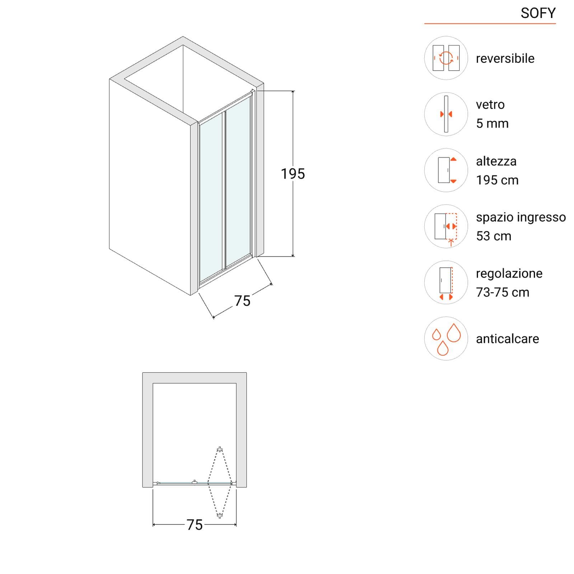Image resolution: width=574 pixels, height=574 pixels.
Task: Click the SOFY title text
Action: click(x=538, y=13)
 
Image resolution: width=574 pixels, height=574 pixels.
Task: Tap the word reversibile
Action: click(x=505, y=58)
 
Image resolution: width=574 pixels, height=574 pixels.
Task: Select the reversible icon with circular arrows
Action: click(x=446, y=58)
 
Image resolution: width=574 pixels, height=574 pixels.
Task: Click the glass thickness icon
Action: click(x=446, y=114)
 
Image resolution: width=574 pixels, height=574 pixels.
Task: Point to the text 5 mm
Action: click(x=492, y=123)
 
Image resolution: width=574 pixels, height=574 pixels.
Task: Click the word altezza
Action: click(x=496, y=161)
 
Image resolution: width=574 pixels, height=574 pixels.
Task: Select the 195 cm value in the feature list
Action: click(x=497, y=180)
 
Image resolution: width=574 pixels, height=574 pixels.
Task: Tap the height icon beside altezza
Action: click(x=446, y=170)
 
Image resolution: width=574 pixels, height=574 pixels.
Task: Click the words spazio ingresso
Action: click(x=521, y=217)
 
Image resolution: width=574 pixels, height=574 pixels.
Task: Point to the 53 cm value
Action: click(x=494, y=236)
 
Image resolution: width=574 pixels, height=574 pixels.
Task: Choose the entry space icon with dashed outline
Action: click(x=446, y=226)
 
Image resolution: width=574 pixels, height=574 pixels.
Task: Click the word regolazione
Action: click(x=509, y=274)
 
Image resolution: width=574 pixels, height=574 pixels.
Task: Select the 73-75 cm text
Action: click(x=503, y=292)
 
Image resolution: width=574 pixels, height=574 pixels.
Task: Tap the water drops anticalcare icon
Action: click(x=446, y=338)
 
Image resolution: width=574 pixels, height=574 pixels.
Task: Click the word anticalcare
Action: click(x=507, y=339)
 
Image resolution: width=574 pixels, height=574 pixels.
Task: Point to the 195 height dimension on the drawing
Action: click(x=293, y=174)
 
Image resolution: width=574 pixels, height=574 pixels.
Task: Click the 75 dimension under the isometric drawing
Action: click(x=242, y=301)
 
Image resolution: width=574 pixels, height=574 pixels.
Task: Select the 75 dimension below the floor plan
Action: click(x=194, y=525)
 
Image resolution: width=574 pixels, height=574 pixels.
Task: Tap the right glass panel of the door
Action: click(x=238, y=182)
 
